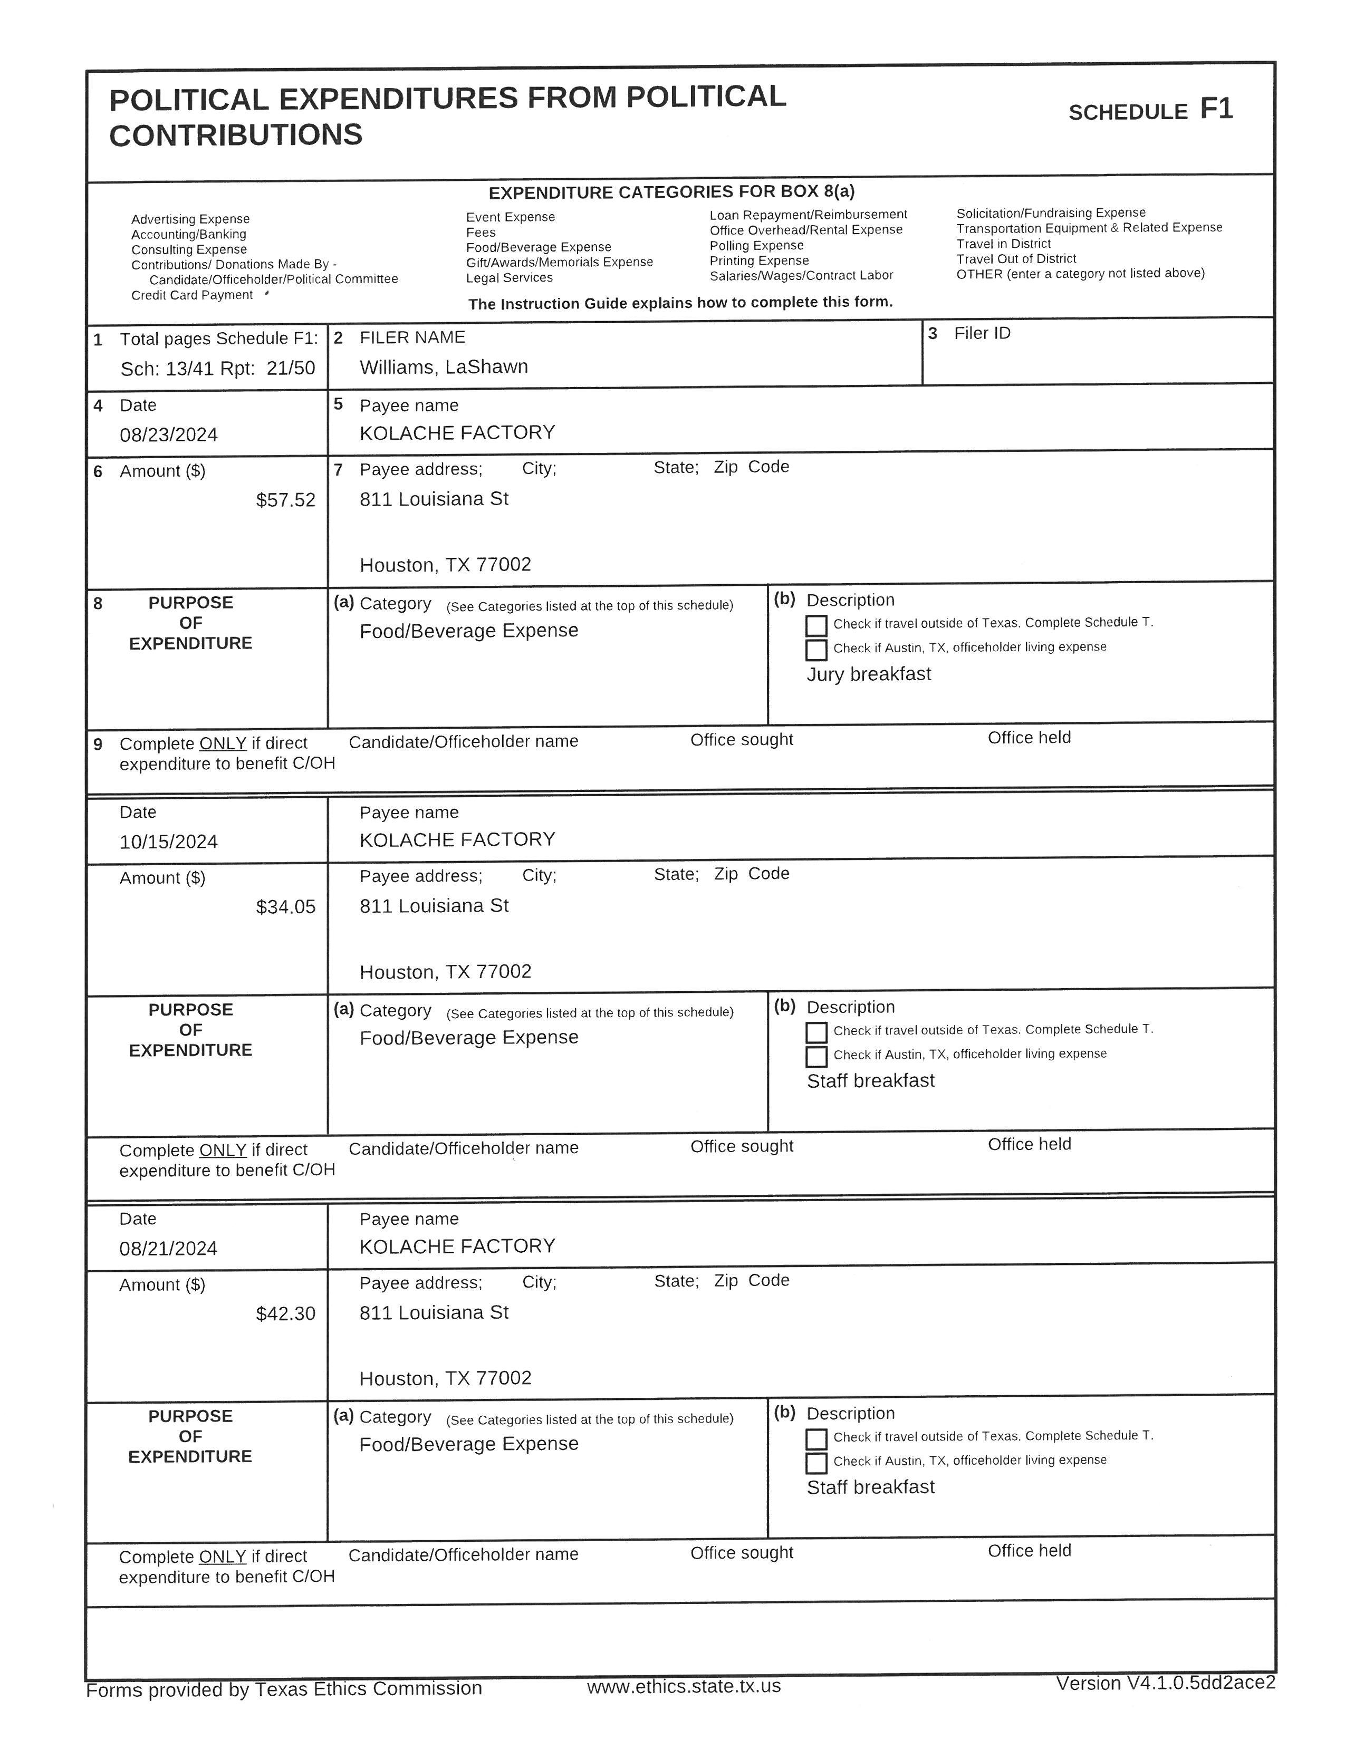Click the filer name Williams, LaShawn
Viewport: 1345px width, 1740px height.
click(444, 368)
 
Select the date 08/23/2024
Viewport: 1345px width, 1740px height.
click(169, 435)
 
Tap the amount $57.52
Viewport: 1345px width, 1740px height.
click(285, 500)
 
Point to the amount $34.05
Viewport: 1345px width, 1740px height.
click(285, 907)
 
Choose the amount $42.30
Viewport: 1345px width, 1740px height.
click(285, 1314)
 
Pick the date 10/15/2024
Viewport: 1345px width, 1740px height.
click(169, 842)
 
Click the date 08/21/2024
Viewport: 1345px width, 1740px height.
click(168, 1249)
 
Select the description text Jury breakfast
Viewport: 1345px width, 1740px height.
click(869, 675)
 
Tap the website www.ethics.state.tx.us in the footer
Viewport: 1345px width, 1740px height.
click(684, 1687)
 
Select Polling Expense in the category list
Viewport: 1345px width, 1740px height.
click(756, 245)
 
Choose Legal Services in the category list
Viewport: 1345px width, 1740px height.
click(509, 278)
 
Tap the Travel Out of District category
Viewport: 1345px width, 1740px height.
click(1016, 259)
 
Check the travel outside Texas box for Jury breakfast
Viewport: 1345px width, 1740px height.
click(816, 625)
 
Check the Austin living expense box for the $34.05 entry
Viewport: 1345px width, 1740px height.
click(816, 1057)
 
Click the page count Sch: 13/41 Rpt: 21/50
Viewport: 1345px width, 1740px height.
click(217, 369)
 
